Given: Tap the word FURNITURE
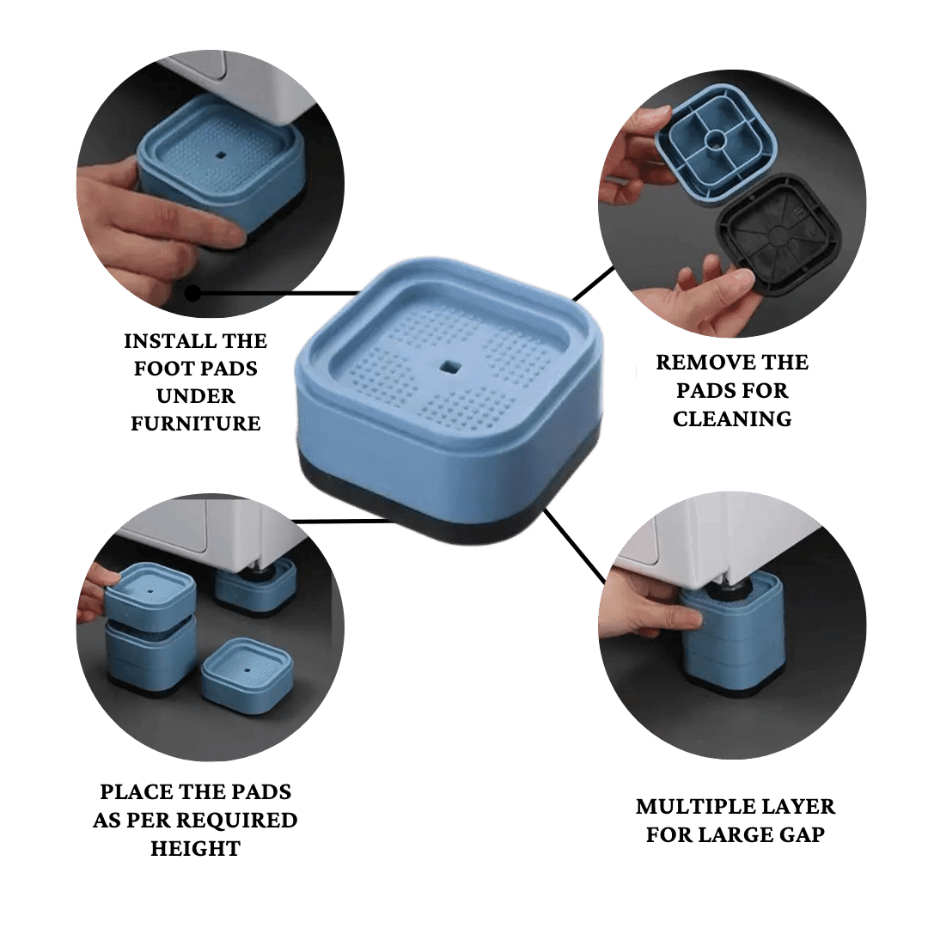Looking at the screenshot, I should [x=196, y=423].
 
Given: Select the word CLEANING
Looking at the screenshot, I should [x=732, y=418].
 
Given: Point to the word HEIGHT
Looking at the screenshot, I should [x=195, y=848].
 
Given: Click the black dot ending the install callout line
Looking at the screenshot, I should [x=192, y=293].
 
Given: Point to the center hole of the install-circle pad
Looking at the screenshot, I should [x=222, y=156].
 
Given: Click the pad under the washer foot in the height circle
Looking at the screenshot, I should [x=256, y=586].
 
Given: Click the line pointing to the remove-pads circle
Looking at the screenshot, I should [x=593, y=284].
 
